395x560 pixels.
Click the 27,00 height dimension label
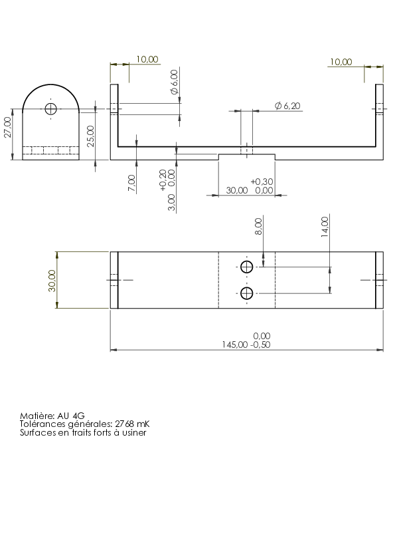pos(8,127)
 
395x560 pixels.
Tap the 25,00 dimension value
pos(91,136)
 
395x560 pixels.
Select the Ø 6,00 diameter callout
pos(175,82)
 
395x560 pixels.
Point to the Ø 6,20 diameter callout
pos(287,106)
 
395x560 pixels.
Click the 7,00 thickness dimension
pos(131,183)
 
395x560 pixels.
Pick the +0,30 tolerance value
pos(262,182)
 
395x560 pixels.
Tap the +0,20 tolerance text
pos(163,180)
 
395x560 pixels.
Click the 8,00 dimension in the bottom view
pos(259,226)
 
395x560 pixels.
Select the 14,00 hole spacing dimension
pos(325,226)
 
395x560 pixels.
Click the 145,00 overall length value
pos(234,345)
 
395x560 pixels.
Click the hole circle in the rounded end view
pos(50,108)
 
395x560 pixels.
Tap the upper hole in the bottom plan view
pos(247,267)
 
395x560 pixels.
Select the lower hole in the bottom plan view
pos(247,293)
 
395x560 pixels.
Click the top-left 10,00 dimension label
pos(147,59)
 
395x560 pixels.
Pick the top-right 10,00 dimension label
pos(341,62)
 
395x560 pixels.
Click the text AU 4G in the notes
pos(70,416)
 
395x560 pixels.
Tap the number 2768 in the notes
pos(124,424)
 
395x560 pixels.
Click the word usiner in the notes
pos(134,432)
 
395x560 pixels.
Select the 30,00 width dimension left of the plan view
pos(52,281)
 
